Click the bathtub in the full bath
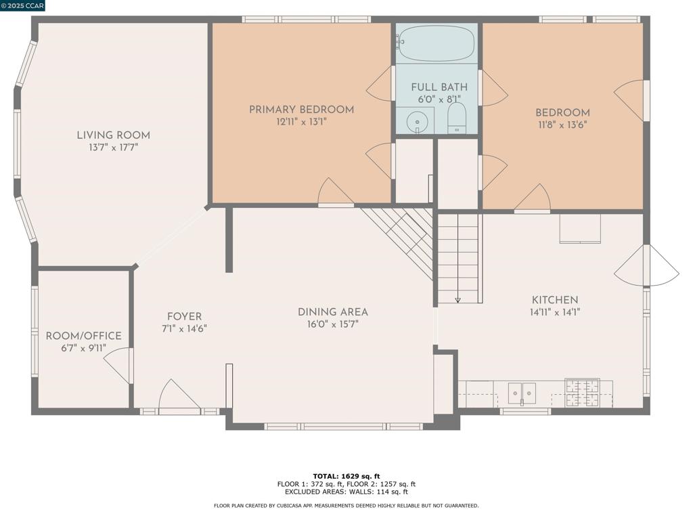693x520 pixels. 437,43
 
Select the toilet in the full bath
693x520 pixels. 457,118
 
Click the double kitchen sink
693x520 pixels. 522,393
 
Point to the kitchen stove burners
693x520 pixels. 583,393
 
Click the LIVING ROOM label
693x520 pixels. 114,135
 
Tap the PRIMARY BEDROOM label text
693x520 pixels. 301,110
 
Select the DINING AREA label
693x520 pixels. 333,312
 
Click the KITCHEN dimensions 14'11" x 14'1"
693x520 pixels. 555,312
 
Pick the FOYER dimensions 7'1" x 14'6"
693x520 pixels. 184,328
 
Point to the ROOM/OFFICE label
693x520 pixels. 83,336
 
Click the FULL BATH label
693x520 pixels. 439,87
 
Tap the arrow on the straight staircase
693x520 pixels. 458,300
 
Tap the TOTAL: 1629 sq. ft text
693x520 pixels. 346,476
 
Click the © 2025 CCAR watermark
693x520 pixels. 22,5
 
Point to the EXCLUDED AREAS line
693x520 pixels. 346,492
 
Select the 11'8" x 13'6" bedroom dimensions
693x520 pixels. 562,125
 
